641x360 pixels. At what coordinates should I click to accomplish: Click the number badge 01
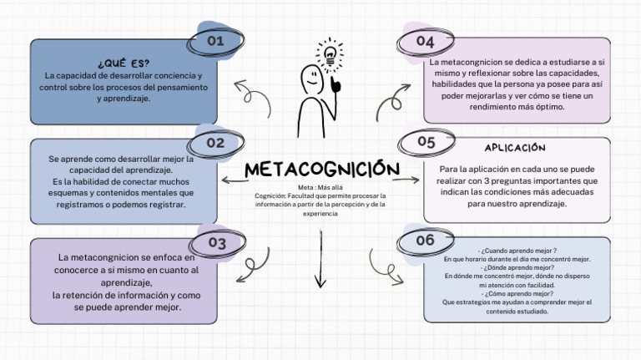[x=215, y=40]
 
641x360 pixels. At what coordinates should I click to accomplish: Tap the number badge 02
[x=215, y=143]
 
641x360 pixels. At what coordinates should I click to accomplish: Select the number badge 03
[x=217, y=243]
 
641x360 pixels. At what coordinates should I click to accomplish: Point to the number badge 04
[x=425, y=41]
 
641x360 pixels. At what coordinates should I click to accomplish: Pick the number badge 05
[x=426, y=142]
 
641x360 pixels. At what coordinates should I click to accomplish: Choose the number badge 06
[x=425, y=241]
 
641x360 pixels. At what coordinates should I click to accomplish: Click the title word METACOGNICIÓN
[x=321, y=169]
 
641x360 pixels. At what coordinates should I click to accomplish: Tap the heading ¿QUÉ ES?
[x=124, y=63]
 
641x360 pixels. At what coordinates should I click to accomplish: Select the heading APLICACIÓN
[x=515, y=148]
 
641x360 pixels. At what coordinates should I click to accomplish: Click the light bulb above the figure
[x=331, y=54]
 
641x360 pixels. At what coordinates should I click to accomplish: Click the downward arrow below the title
[x=320, y=259]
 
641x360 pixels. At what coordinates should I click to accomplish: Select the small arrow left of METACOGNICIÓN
[x=234, y=179]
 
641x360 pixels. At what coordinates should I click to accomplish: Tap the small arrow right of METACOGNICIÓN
[x=406, y=179]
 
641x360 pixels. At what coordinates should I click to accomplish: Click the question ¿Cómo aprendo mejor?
[x=517, y=293]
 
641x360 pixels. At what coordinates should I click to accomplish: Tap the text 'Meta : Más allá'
[x=320, y=187]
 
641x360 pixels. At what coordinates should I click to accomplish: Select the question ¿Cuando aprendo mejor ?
[x=517, y=250]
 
